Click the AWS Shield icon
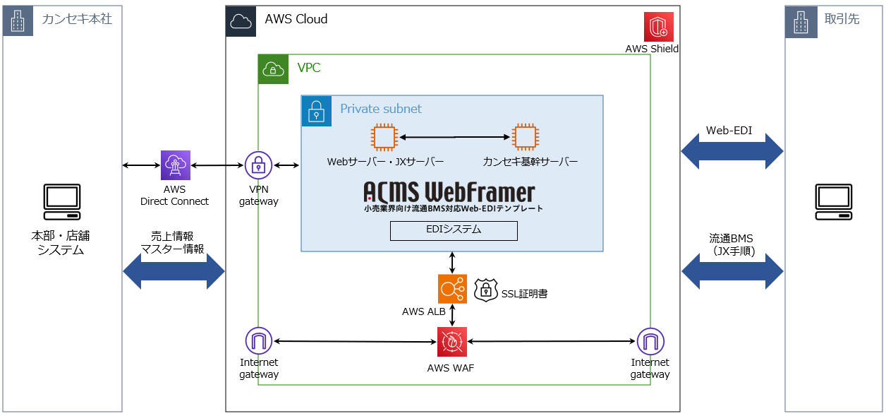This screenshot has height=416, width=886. coord(659,27)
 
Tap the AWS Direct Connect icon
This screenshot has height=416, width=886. coord(175,165)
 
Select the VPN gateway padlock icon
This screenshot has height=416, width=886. coord(259,165)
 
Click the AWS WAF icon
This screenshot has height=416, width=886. coord(451,342)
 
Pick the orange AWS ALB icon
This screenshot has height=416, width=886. coord(452,289)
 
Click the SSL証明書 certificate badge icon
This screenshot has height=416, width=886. coord(486,290)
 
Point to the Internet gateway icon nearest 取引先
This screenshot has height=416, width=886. coord(650,342)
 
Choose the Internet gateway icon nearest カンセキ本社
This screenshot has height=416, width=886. coord(259,342)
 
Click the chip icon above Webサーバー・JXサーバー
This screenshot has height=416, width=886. coord(384,137)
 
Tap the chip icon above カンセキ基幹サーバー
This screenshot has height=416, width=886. coord(524,137)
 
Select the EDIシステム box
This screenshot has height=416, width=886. coord(454,230)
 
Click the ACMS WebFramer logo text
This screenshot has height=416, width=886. coord(449,192)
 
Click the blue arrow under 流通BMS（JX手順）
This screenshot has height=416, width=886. coord(732,271)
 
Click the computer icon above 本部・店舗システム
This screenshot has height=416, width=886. coord(62,202)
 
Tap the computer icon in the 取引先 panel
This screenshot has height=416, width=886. coord(835,202)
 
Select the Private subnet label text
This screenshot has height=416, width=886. coord(381,109)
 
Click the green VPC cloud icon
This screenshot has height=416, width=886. coord(273,69)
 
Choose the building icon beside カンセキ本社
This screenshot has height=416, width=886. coord(18,20)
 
